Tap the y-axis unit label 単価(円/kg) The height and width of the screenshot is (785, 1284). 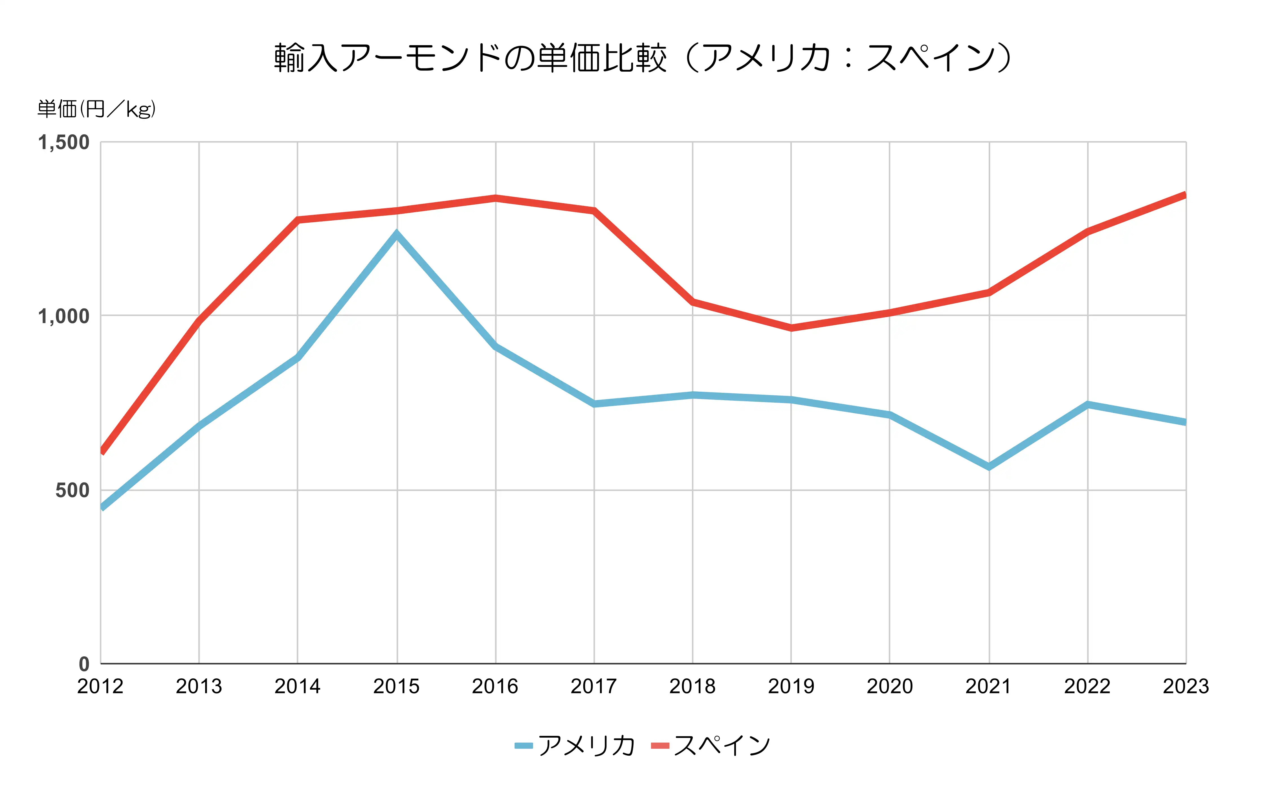click(96, 109)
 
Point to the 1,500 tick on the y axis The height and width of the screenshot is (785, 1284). click(63, 142)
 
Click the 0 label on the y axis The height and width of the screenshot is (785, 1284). click(84, 664)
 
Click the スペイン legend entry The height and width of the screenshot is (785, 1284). click(711, 746)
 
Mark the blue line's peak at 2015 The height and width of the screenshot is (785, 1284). click(397, 234)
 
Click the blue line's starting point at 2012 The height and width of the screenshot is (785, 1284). click(102, 507)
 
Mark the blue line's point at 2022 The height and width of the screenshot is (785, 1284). click(1088, 404)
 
